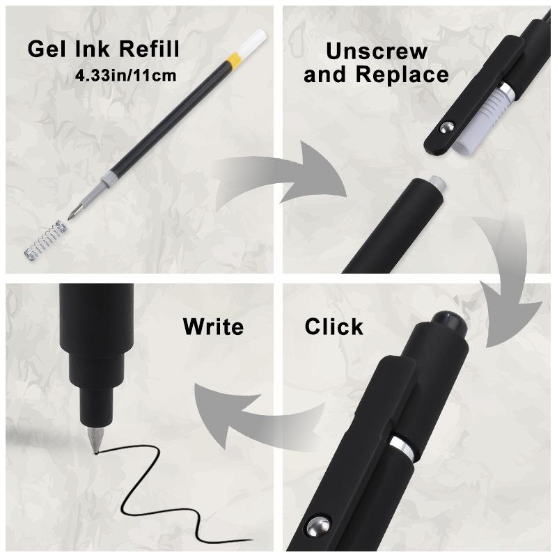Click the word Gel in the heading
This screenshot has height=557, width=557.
[47, 49]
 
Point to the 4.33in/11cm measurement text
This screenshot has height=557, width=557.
[126, 76]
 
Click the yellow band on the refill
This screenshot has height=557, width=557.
[235, 58]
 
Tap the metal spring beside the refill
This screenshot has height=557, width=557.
[45, 240]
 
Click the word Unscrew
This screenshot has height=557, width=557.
[377, 52]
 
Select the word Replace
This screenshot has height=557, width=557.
[402, 74]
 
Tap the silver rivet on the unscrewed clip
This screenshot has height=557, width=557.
[446, 127]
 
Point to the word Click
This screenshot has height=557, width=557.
[334, 327]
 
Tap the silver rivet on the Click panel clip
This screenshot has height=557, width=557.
[319, 525]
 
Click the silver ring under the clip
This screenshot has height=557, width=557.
[402, 448]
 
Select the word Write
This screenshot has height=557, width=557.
[213, 327]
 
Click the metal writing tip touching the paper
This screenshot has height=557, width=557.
[95, 440]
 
